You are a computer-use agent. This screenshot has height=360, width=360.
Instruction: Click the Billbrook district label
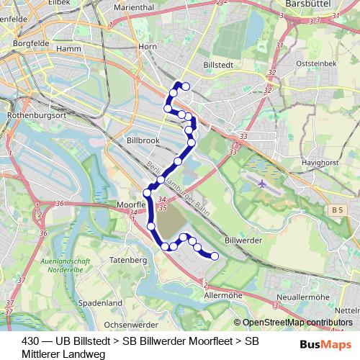point(143,140)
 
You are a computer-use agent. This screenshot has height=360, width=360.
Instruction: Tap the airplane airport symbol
point(260,184)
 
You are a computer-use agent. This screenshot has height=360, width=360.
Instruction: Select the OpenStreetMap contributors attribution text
point(297,323)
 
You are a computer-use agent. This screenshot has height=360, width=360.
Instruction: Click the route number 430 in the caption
point(31,341)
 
